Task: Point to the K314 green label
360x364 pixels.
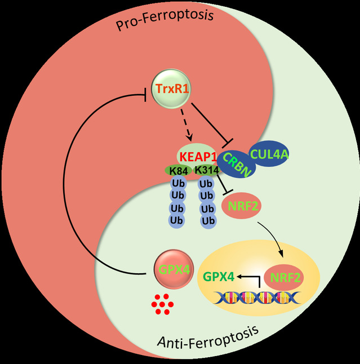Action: [207, 170]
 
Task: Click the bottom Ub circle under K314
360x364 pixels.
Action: [207, 220]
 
